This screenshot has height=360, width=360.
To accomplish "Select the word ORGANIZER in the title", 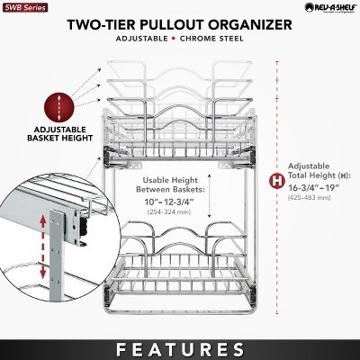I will pos(253,25).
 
